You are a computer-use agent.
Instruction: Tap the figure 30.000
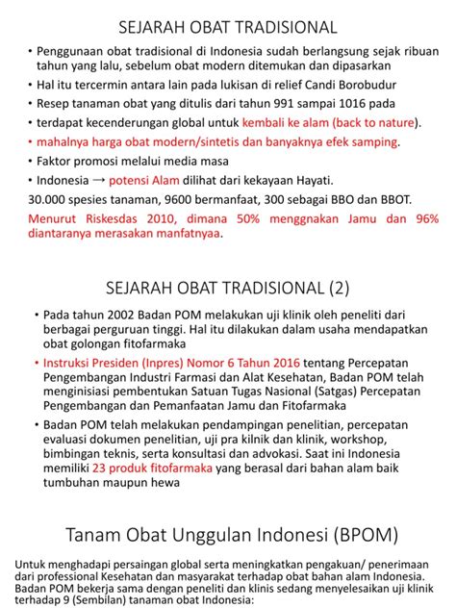coord(49,199)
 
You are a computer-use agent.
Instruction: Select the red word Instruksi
coord(70,365)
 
